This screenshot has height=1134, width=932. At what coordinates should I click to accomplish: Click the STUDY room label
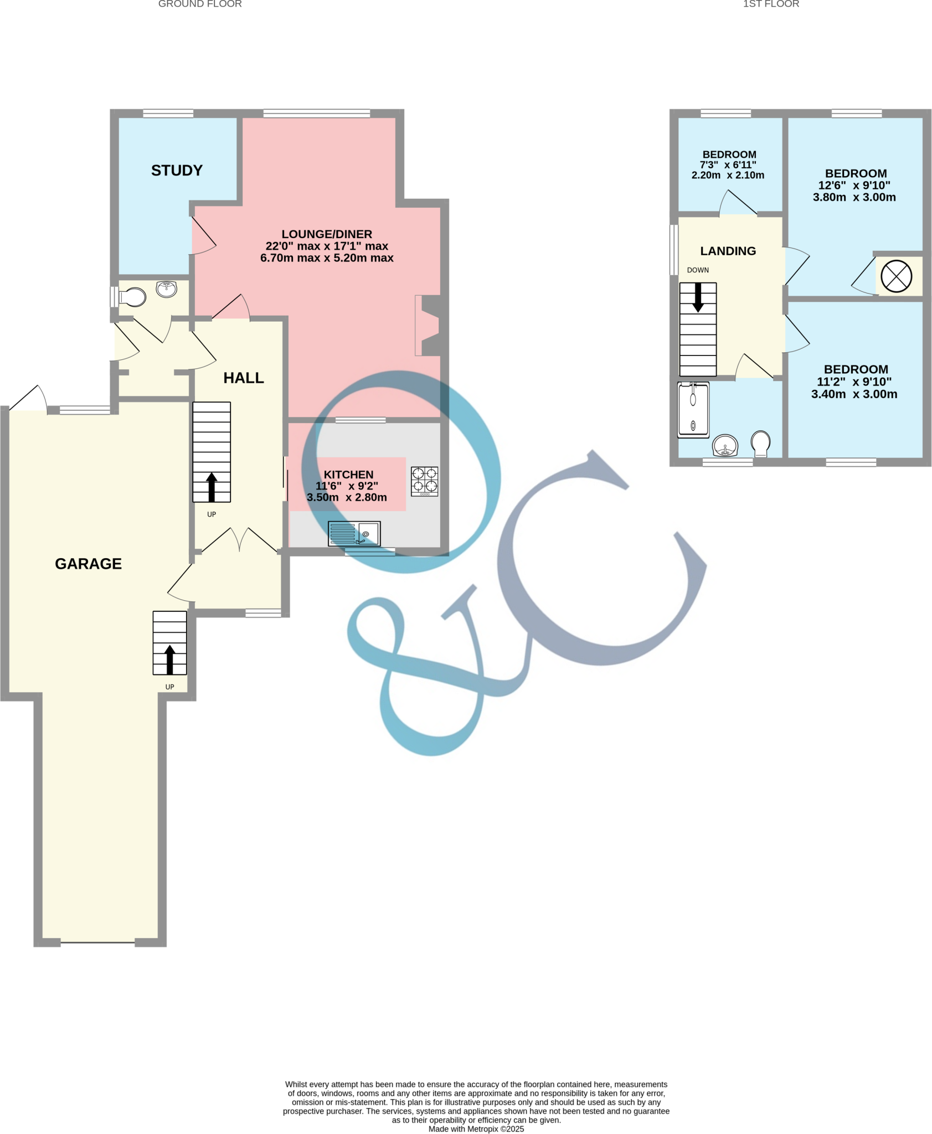pos(177,171)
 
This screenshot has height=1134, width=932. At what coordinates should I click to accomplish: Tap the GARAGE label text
pos(88,564)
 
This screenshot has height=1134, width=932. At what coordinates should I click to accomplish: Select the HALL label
pos(243,378)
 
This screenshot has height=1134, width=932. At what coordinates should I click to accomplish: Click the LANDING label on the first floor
pos(728,251)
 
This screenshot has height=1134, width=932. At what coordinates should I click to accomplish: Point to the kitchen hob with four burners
pos(425,481)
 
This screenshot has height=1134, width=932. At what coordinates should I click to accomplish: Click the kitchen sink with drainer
pos(354,534)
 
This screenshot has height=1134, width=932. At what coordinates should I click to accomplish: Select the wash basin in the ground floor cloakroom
pos(166,289)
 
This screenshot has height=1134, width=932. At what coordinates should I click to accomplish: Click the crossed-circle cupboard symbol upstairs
pos(895,276)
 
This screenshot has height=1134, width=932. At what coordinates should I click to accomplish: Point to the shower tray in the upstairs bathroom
pos(693,410)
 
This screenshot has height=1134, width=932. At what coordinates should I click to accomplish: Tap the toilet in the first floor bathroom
pos(761,443)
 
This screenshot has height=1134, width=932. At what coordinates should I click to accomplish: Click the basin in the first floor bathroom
pos(725,445)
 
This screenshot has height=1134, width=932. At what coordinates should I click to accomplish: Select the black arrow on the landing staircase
pos(698,297)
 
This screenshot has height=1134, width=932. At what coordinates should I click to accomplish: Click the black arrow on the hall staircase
pos(211,487)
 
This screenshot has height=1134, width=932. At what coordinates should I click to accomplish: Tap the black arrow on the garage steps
pos(169,659)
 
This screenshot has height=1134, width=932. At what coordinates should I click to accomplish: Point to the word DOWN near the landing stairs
pos(698,270)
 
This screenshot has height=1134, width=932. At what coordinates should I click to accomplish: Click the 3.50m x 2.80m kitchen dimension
pos(347,497)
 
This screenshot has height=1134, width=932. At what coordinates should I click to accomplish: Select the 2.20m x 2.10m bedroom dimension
pos(728,176)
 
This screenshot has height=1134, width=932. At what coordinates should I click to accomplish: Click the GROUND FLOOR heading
pos(200,4)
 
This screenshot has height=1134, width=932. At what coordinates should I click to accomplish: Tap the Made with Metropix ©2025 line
pos(476,1129)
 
